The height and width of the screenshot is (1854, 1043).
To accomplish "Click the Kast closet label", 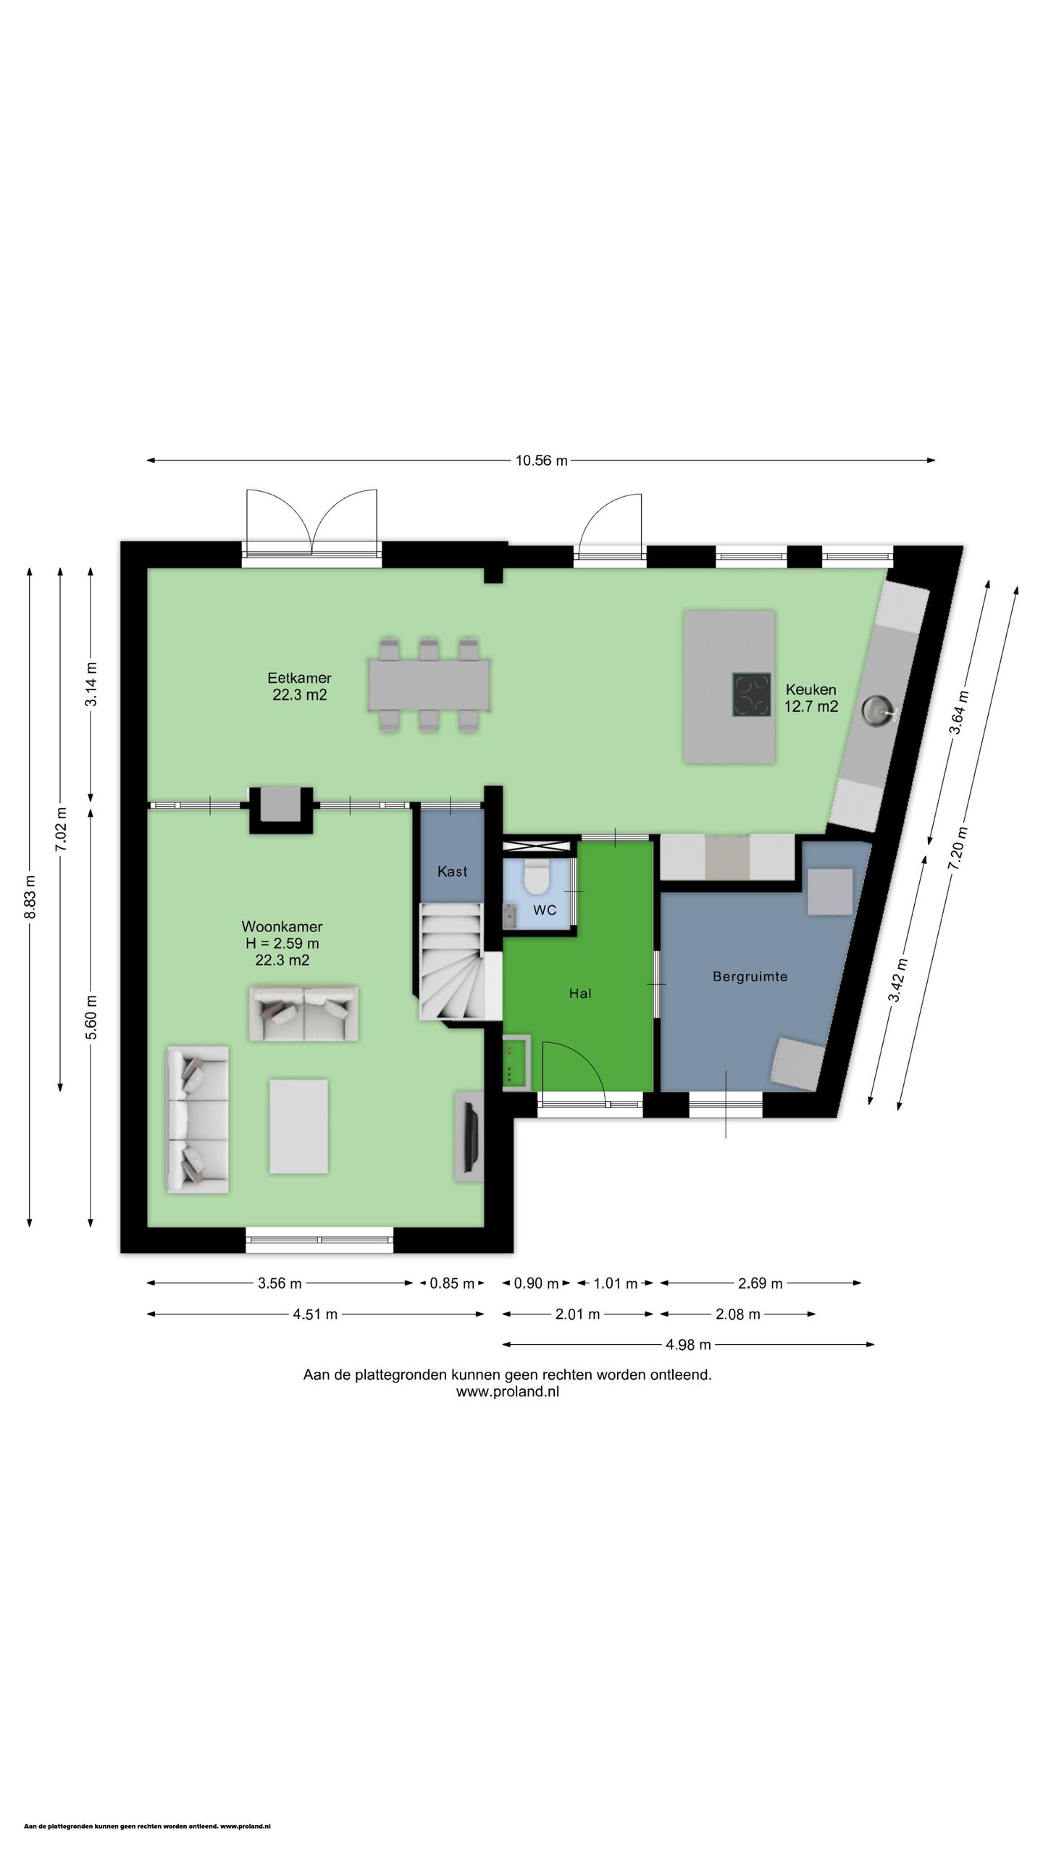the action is coord(452,871).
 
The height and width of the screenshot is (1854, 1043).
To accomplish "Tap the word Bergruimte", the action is coord(750,976).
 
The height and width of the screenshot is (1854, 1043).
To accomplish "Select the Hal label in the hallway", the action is coord(580,994).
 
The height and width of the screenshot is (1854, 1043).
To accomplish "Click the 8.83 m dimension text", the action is coord(30,897).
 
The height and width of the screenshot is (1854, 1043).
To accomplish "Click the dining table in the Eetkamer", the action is coord(429,684).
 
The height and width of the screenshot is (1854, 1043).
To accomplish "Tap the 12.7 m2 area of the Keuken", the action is coord(811,707).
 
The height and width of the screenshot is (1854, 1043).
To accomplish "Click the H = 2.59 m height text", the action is coord(282,944).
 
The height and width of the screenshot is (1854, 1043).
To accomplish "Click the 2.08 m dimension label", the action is coord(737,1314).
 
